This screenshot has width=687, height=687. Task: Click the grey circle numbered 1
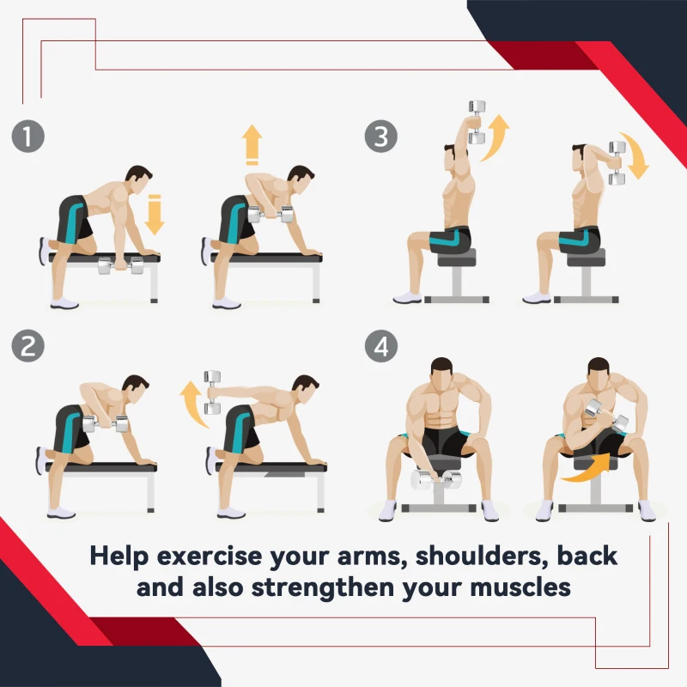coord(28,137)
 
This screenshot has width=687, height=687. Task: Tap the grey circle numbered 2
coord(28,346)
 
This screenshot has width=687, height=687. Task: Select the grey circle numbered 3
coord(381,137)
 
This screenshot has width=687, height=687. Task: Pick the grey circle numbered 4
coord(381,346)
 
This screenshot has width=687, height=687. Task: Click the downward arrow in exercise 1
coord(155,215)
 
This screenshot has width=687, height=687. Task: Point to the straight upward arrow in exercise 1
coord(252,144)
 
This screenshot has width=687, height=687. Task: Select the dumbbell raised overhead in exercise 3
coord(477,122)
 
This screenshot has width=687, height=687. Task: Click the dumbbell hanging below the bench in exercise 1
coord(121,265)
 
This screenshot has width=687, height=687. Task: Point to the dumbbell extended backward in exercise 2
coord(212,392)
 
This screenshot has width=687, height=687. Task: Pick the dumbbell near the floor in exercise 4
coord(436,480)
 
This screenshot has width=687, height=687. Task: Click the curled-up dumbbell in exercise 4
coord(607,416)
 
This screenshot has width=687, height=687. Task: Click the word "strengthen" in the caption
coord(323,587)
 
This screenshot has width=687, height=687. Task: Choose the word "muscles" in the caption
coord(520,587)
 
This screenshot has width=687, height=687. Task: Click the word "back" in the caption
coord(587,556)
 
